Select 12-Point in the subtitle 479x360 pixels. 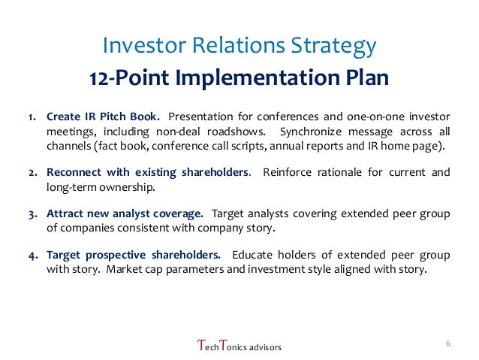pyautogui.click(x=124, y=78)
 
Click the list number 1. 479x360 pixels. pyautogui.click(x=32, y=117)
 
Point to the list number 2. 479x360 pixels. pyautogui.click(x=32, y=172)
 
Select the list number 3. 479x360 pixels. pyautogui.click(x=32, y=213)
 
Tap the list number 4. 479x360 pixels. pyautogui.click(x=32, y=255)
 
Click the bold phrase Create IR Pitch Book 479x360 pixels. pyautogui.click(x=103, y=117)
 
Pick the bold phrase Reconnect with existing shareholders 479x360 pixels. pyautogui.click(x=149, y=172)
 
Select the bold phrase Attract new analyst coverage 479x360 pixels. pyautogui.click(x=125, y=213)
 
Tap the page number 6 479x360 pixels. pyautogui.click(x=447, y=343)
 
